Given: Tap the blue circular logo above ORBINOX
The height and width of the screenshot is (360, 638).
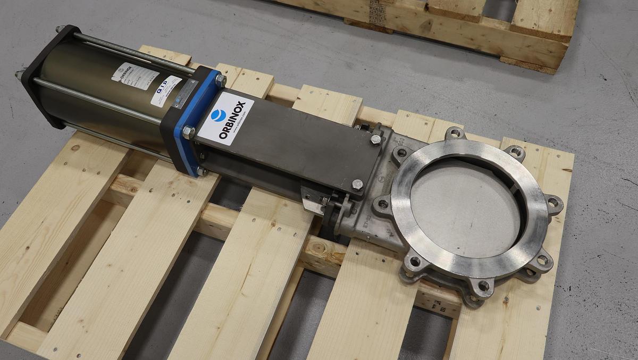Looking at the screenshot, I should click(x=217, y=114).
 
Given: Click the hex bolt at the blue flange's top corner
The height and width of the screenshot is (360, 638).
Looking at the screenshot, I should click(x=220, y=80).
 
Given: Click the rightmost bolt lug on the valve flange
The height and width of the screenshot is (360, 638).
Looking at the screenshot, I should click(x=553, y=203).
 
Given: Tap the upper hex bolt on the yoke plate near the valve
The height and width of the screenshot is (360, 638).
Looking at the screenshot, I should click(x=375, y=139).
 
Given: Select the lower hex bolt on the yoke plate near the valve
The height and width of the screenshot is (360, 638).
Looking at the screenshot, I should click(x=357, y=185).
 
